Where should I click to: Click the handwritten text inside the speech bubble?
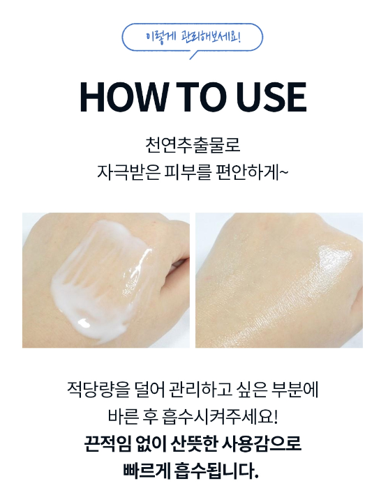tap(193, 37)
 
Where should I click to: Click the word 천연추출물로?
tap(193, 145)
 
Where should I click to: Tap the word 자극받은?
tap(128, 172)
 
